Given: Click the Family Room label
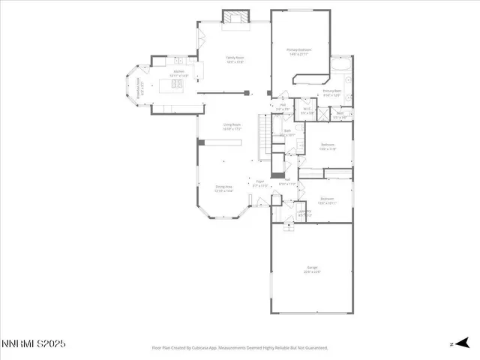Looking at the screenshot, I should point(235,59).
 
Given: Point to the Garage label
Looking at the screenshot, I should point(312,269).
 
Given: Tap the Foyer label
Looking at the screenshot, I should point(260,182).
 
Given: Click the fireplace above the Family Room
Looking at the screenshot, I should point(234,17).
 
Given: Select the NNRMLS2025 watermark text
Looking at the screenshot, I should point(34,343).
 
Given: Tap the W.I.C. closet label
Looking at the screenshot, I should point(307,111).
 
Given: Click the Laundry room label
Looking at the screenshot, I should point(304,213).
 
